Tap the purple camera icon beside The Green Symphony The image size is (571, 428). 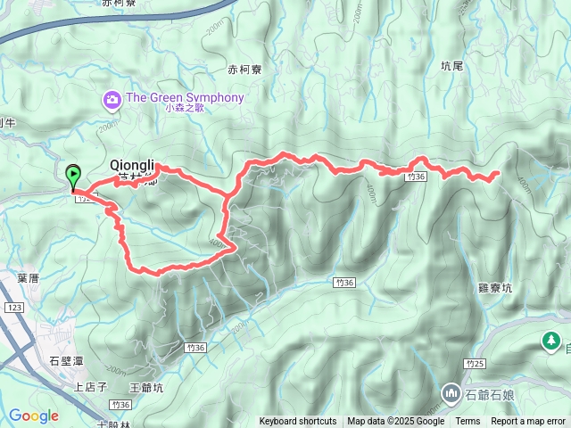pyautogui.click(x=112, y=97)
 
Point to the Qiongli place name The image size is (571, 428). pyautogui.click(x=132, y=166)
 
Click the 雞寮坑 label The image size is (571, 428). pyautogui.click(x=495, y=288)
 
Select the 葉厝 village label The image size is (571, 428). pyautogui.click(x=28, y=278)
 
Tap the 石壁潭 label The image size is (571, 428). pyautogui.click(x=66, y=360)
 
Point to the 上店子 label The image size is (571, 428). pyautogui.click(x=90, y=387)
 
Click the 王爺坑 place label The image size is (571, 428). pyautogui.click(x=146, y=387)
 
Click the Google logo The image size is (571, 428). pyautogui.click(x=34, y=416)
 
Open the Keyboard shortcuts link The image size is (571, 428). pyautogui.click(x=298, y=422)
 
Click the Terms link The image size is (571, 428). pyautogui.click(x=468, y=422)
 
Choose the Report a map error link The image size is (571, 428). pyautogui.click(x=530, y=422)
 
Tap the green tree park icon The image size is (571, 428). pyautogui.click(x=550, y=341)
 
